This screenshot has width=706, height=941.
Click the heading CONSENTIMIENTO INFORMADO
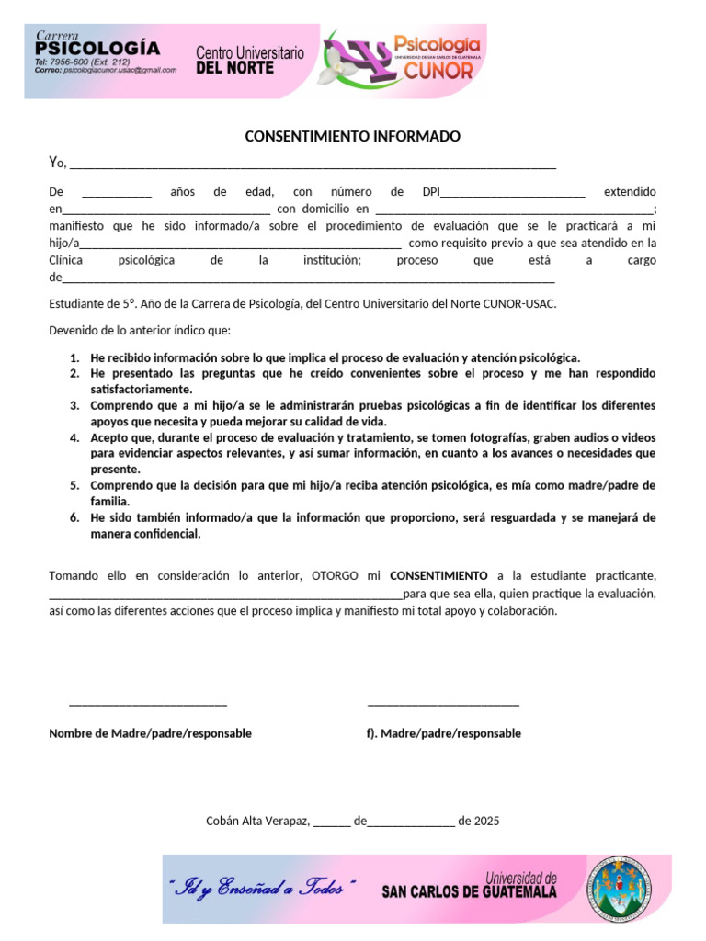(352, 137)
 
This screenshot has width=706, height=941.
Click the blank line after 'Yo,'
(313, 165)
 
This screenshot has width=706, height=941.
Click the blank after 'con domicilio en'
(515, 210)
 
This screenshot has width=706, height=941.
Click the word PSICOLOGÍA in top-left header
(97, 50)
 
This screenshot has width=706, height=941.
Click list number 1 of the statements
(74, 357)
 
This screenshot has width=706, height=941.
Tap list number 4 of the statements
(74, 437)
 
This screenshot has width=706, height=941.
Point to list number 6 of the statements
(74, 517)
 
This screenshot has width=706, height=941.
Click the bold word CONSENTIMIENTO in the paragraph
(439, 576)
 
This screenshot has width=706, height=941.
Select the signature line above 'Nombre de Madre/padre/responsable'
(148, 704)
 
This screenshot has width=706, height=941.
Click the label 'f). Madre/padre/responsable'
(443, 733)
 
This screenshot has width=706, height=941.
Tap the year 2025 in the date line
(486, 822)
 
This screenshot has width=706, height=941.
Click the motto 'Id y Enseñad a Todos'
(257, 889)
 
